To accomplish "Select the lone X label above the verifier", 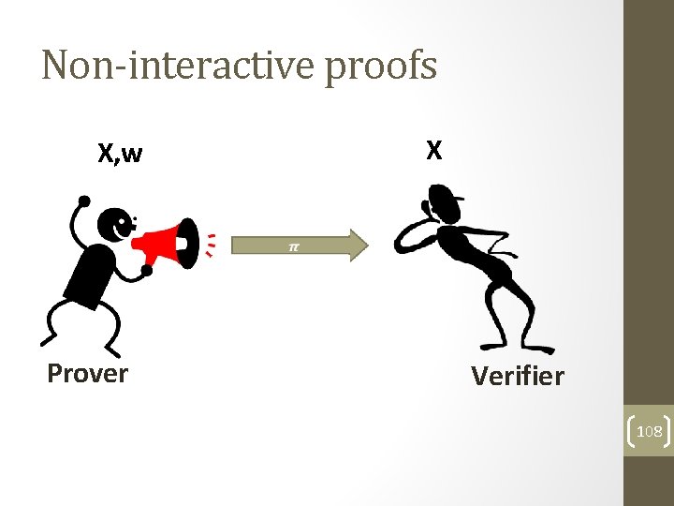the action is point(433,151).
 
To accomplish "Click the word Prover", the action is point(87,374).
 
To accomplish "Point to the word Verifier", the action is point(518,377).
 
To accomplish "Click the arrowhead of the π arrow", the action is point(359,245).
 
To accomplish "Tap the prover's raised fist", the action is point(84,201).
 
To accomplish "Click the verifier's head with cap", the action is point(442,201).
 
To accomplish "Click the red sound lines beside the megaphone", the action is point(212,244).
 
